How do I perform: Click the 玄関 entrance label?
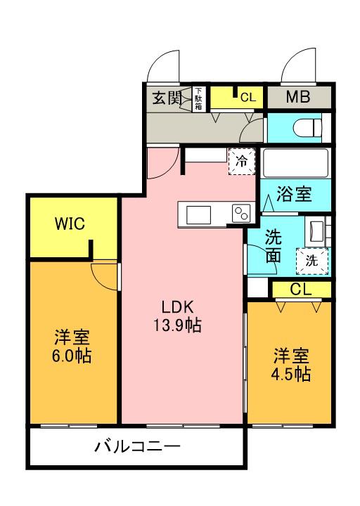click(x=166, y=98)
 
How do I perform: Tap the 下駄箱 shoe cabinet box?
click(x=199, y=98)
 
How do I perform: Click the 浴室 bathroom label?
click(x=294, y=193)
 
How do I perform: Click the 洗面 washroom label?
click(x=274, y=246)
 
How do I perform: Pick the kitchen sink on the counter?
click(x=196, y=214)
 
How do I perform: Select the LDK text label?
click(x=176, y=307)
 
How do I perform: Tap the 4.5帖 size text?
click(x=290, y=373)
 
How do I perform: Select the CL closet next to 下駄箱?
click(x=238, y=98)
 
